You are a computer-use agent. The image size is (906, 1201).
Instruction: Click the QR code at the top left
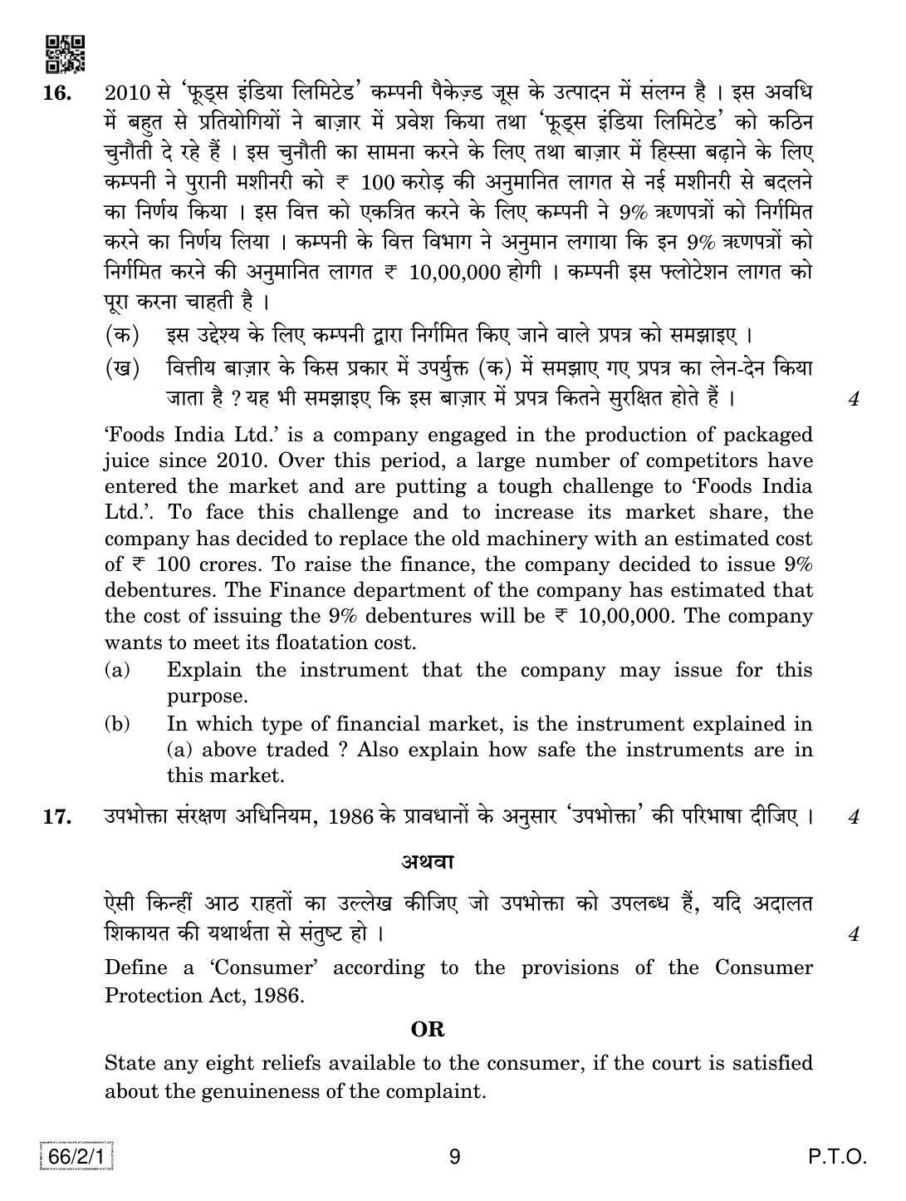click(x=64, y=54)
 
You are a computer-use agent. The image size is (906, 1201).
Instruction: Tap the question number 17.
click(x=57, y=817)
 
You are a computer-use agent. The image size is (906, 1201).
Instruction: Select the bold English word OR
click(x=428, y=1030)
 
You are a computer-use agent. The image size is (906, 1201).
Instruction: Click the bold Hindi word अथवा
click(x=428, y=861)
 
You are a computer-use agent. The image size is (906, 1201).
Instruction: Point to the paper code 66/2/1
click(x=76, y=1156)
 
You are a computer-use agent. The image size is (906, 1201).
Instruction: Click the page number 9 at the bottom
click(x=453, y=1157)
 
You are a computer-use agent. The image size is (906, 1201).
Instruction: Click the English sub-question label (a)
click(x=117, y=670)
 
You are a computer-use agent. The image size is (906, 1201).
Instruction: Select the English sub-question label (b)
click(x=117, y=724)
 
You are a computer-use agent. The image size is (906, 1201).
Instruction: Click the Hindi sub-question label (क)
click(x=121, y=336)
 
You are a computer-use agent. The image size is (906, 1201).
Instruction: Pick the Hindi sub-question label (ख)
click(x=121, y=367)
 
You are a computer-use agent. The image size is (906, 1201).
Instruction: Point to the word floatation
click(x=322, y=642)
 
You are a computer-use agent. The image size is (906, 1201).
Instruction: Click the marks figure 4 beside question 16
click(x=853, y=400)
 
